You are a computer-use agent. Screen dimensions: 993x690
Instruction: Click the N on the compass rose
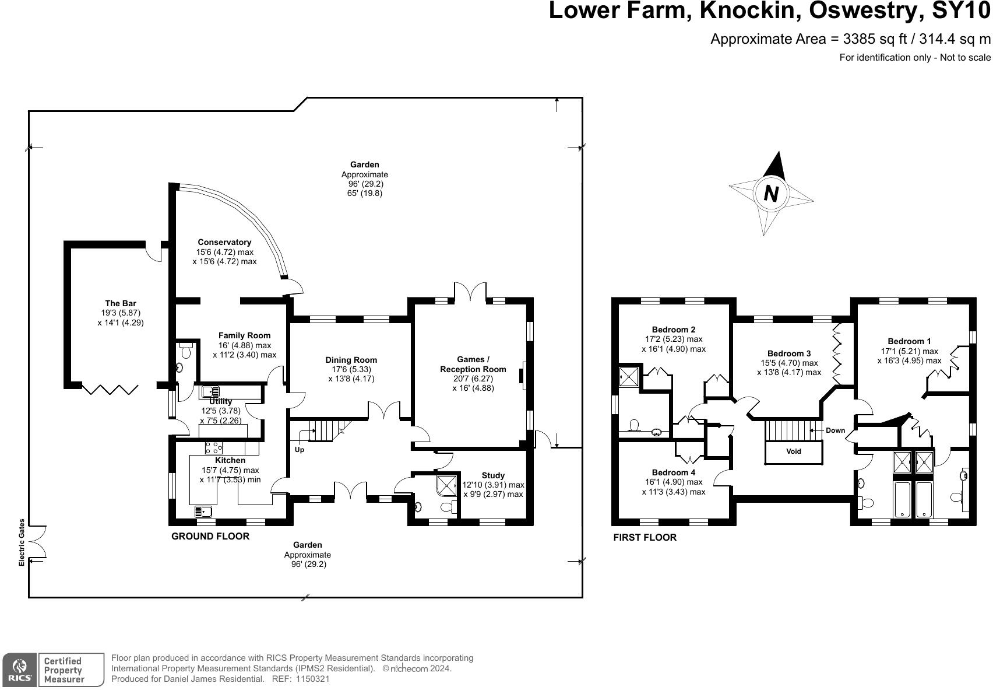click(772, 194)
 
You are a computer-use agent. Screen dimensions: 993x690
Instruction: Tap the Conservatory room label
click(224, 242)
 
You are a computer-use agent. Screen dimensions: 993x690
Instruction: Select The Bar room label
click(121, 303)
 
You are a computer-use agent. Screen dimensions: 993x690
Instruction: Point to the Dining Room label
click(351, 360)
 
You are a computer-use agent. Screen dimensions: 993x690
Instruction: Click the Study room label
click(493, 475)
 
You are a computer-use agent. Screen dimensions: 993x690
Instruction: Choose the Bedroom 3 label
click(789, 353)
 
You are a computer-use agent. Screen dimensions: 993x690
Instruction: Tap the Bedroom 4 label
click(674, 472)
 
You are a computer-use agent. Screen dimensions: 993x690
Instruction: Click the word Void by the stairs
click(794, 451)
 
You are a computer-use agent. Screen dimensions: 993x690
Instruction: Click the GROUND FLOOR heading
click(210, 536)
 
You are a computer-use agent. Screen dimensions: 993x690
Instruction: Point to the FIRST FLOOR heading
click(645, 537)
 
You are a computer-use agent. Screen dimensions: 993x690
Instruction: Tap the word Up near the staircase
click(299, 450)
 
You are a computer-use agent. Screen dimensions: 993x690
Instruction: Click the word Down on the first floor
click(835, 430)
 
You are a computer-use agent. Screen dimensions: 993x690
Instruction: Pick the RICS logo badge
click(19, 670)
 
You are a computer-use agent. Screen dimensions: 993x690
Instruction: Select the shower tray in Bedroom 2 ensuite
click(629, 377)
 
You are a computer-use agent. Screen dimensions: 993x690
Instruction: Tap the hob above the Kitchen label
click(214, 448)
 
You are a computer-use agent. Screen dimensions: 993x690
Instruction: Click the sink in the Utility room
click(210, 391)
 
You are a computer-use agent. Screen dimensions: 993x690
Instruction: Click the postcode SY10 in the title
click(960, 10)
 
